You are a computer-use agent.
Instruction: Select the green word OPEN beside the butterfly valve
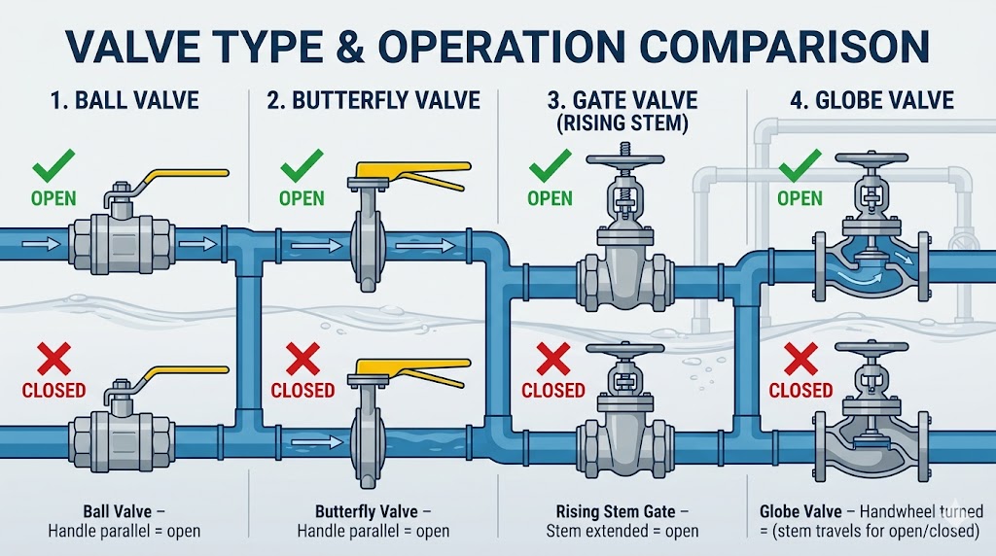click(x=302, y=198)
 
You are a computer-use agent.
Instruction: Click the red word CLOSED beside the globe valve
click(x=800, y=391)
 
